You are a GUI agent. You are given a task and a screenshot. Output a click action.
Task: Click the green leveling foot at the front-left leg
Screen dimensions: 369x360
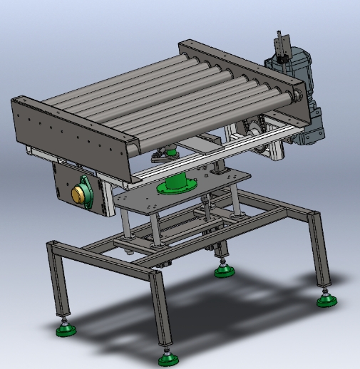[x=67, y=329]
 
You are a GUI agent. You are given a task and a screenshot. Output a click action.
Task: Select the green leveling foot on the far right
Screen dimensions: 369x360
[x=326, y=301]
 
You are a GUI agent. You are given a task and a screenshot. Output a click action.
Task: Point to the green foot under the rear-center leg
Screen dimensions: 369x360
[x=224, y=270]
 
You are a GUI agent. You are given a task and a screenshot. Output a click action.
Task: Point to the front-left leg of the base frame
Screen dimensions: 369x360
[x=58, y=278]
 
